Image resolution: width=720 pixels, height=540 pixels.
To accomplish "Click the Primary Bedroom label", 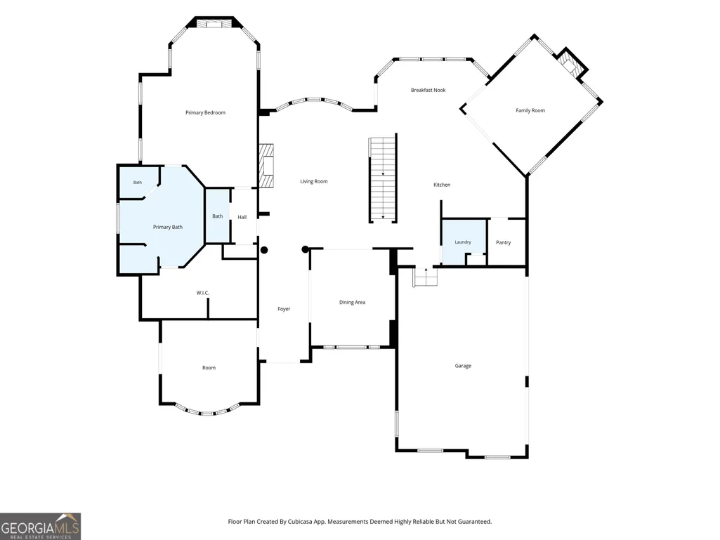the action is (x=205, y=112).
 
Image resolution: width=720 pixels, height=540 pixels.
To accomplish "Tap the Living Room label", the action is (x=314, y=181).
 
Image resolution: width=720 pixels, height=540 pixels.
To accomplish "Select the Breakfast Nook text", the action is (x=428, y=90).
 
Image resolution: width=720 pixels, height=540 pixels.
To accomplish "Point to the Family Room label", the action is (x=530, y=110).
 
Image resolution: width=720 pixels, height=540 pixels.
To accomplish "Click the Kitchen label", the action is (x=442, y=185).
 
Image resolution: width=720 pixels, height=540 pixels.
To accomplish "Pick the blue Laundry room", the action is (x=464, y=242).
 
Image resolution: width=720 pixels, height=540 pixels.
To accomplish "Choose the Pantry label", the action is (x=503, y=242).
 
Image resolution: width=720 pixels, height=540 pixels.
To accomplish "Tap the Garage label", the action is (x=463, y=366).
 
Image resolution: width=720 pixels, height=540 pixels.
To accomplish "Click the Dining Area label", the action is (x=352, y=302).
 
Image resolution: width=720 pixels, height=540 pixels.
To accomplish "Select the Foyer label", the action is (x=284, y=309).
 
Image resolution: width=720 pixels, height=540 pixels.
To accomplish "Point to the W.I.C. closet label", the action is (x=203, y=293).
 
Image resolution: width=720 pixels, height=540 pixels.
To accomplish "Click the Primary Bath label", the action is (x=168, y=227).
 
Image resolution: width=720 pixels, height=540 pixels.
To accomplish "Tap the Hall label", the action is (x=242, y=217).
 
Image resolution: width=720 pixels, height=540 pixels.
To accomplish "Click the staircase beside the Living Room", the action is (x=383, y=179).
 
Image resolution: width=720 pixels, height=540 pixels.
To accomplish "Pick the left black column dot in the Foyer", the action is (x=265, y=250).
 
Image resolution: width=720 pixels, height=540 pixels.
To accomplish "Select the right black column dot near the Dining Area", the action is (x=306, y=249).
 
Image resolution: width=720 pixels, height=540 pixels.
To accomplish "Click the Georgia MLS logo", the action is (x=41, y=526).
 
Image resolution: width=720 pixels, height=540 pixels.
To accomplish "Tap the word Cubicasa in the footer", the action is (x=301, y=522).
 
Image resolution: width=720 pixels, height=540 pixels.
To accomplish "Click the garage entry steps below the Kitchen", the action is (x=426, y=277).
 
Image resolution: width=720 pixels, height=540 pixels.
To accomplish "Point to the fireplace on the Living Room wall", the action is (x=267, y=166).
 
